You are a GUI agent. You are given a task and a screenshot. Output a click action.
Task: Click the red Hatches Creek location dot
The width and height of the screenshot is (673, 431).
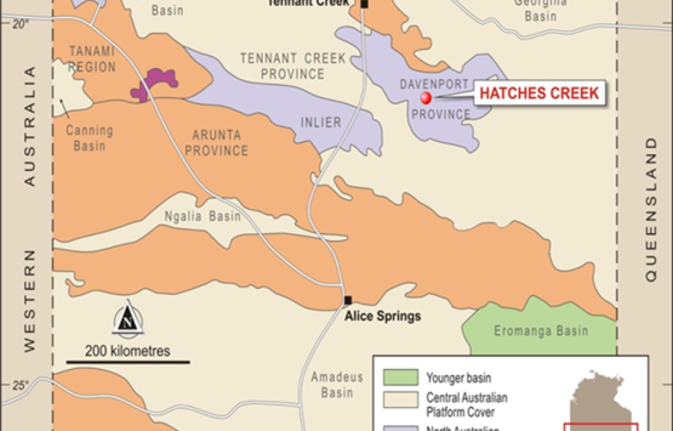[x=426, y=98]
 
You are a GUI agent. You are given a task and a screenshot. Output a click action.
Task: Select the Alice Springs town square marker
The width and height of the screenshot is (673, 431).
[x=348, y=300]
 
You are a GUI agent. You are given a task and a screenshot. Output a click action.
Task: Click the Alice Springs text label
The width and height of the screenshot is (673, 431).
[x=382, y=316]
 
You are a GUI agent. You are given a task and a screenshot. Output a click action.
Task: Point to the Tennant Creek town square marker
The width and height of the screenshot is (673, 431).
[x=364, y=5]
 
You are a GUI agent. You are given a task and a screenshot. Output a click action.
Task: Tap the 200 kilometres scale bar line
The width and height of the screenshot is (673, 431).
[x=127, y=362]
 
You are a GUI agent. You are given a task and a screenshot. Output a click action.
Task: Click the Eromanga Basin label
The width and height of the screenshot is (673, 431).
[x=541, y=331]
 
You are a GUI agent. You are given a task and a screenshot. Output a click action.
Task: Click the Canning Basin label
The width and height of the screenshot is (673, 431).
[x=90, y=138]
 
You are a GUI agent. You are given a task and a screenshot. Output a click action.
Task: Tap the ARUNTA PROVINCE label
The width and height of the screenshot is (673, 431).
[x=216, y=143]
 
